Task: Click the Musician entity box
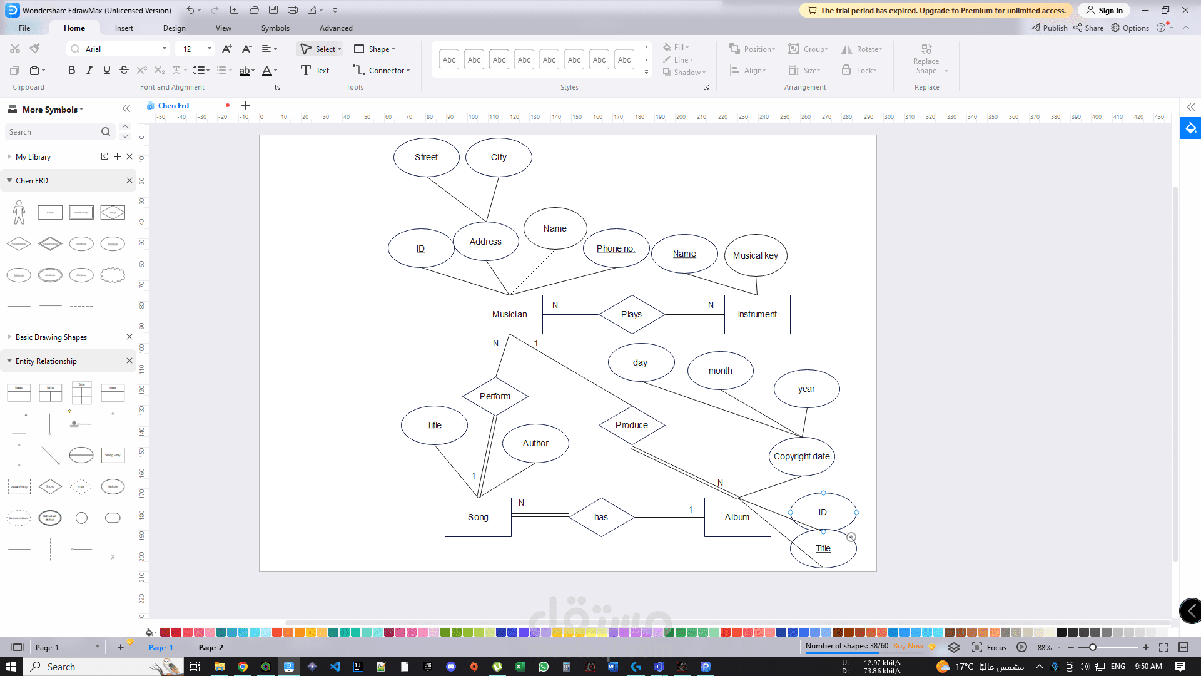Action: [x=509, y=314]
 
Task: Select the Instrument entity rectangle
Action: [x=757, y=314]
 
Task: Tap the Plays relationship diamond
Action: [x=631, y=314]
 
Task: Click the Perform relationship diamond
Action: [x=495, y=396]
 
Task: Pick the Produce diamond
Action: [x=631, y=425]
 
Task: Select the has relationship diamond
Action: [x=600, y=517]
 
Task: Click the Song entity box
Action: [x=478, y=517]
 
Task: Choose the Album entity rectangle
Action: [x=737, y=517]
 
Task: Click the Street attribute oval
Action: [x=426, y=157]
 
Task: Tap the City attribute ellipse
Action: [x=499, y=157]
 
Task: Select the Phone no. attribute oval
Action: [x=616, y=248]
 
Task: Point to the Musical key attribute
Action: [x=755, y=255]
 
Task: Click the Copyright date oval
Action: [x=801, y=456]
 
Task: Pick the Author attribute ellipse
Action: [x=535, y=443]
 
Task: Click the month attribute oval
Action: [x=720, y=371]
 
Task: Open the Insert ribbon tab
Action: [x=124, y=28]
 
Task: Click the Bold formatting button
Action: [x=71, y=70]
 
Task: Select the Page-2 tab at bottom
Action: [x=211, y=647]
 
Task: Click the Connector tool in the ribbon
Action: [x=382, y=70]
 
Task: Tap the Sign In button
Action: [x=1104, y=10]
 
